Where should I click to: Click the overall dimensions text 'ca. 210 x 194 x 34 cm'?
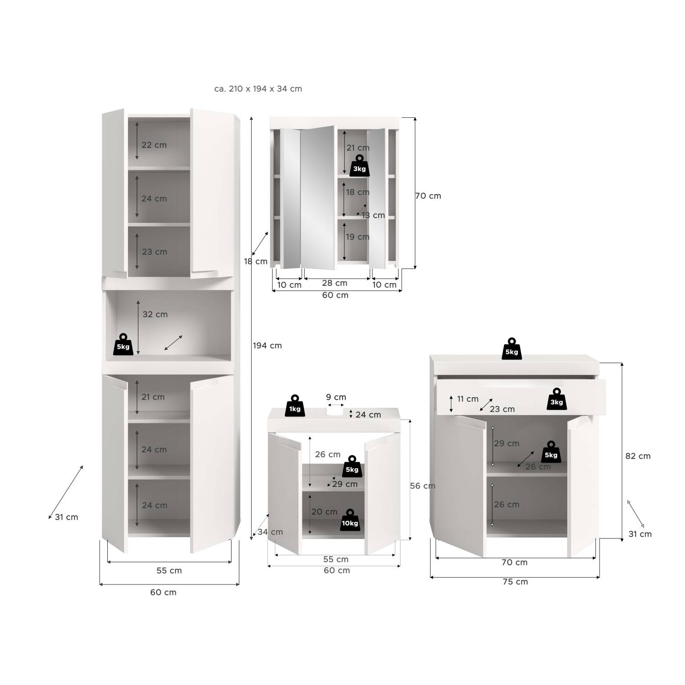[258, 89]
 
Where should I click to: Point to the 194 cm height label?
[267, 346]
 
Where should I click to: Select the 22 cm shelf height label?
[154, 145]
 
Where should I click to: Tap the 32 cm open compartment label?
[155, 314]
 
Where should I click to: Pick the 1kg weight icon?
[295, 406]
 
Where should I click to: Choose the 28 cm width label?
[335, 283]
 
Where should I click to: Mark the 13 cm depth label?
[373, 216]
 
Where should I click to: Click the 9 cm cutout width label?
[336, 397]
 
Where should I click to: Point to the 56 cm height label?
[422, 486]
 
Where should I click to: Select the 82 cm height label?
[638, 456]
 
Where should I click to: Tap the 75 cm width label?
[515, 582]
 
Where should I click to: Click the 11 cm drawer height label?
[468, 399]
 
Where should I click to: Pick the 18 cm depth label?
[255, 262]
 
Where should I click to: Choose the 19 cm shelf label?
[358, 237]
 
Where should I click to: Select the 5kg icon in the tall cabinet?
[123, 344]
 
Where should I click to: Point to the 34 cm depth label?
[270, 532]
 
